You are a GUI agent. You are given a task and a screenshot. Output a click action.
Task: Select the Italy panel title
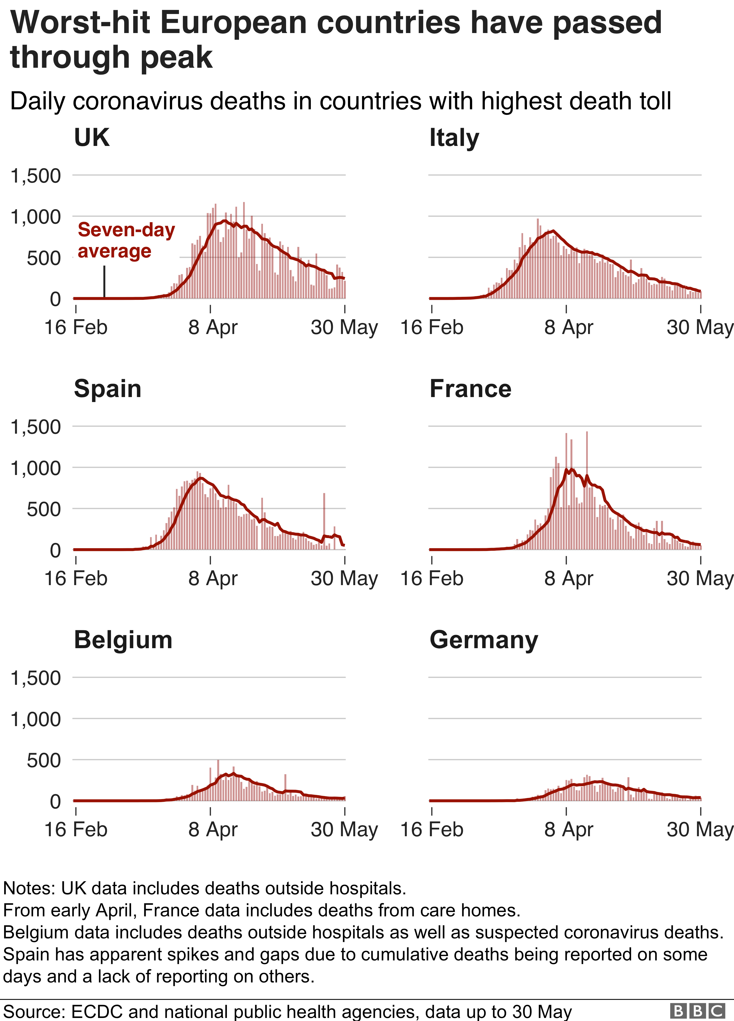pos(454,138)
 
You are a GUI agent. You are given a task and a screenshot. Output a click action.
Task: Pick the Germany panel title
pos(484,640)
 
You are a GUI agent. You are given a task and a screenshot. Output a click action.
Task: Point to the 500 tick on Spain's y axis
pos(44,509)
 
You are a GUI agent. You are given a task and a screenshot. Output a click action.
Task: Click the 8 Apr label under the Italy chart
pos(568,327)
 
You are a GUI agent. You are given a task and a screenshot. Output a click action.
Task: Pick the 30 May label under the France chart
pos(700,579)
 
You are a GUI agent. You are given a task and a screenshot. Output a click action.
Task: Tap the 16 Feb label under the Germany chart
pos(432,830)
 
